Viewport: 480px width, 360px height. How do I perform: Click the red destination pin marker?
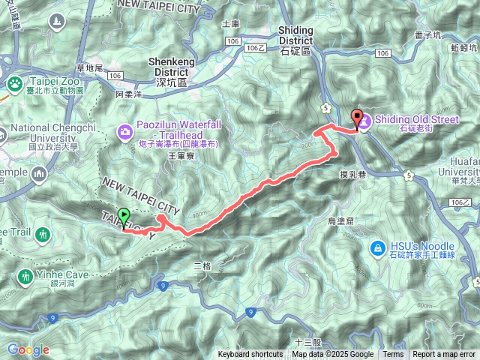356,118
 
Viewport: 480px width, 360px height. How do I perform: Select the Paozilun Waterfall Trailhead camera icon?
125,132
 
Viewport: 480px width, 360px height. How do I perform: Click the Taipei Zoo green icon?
14,82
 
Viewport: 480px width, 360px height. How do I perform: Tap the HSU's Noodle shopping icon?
378,247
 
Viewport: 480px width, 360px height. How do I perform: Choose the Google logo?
28,349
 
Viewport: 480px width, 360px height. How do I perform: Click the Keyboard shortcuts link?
250,355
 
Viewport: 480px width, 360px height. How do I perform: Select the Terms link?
393,355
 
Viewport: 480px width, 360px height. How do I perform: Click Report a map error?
444,355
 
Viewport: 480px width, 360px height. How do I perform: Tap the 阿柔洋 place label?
129,95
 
